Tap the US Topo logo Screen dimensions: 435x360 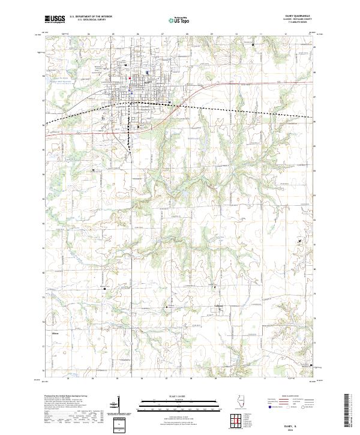click(179, 19)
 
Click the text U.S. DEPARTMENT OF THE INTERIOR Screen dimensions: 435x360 click(91, 17)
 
